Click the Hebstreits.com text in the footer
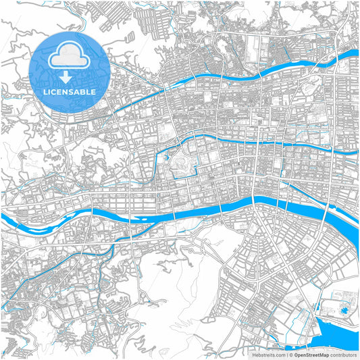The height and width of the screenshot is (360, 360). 267,354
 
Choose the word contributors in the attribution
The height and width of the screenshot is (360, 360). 343,354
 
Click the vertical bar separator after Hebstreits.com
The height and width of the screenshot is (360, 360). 286,354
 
